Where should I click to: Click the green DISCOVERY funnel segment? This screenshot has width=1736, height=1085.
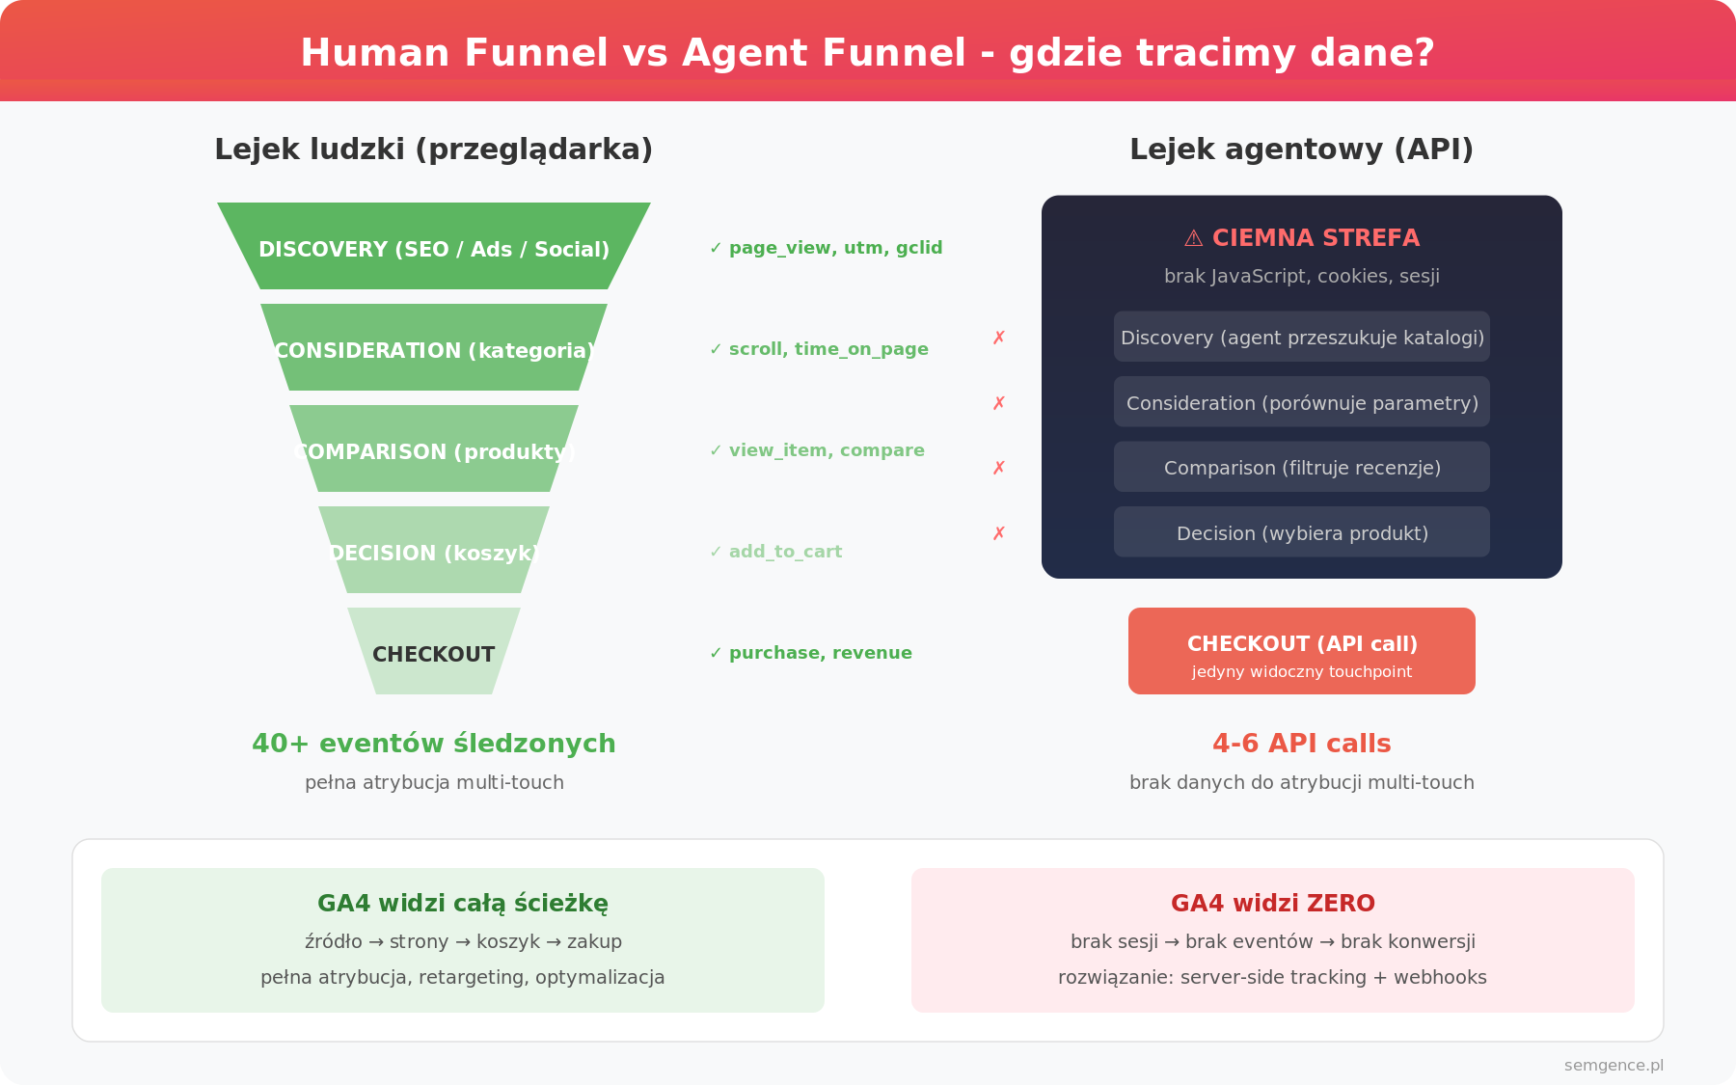coord(434,246)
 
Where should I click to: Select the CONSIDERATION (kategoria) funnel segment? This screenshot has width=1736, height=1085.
coord(434,347)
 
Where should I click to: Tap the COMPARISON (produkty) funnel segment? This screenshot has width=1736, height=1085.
coord(434,448)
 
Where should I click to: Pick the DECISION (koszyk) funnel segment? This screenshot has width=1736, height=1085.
coord(434,550)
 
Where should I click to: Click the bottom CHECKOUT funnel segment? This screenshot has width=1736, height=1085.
coord(434,651)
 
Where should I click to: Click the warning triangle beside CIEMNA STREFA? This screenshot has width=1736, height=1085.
coord(1193,238)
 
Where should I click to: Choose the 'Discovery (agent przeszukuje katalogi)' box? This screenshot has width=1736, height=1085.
coord(1302,337)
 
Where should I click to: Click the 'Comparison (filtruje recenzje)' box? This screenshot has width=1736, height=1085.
coord(1302,467)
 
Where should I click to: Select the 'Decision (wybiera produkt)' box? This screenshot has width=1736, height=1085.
coord(1302,531)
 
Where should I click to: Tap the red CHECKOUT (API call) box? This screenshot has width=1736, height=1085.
coord(1302,651)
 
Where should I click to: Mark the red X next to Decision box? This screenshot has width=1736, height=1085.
coord(999,533)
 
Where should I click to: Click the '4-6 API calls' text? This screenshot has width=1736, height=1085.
coord(1302,744)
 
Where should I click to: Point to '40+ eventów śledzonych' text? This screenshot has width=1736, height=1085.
coord(434,744)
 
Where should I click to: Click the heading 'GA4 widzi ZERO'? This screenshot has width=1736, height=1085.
coord(1273,904)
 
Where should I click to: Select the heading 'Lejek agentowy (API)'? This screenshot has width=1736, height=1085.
coord(1302,149)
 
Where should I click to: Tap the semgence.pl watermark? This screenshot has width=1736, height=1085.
coord(1614,1066)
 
